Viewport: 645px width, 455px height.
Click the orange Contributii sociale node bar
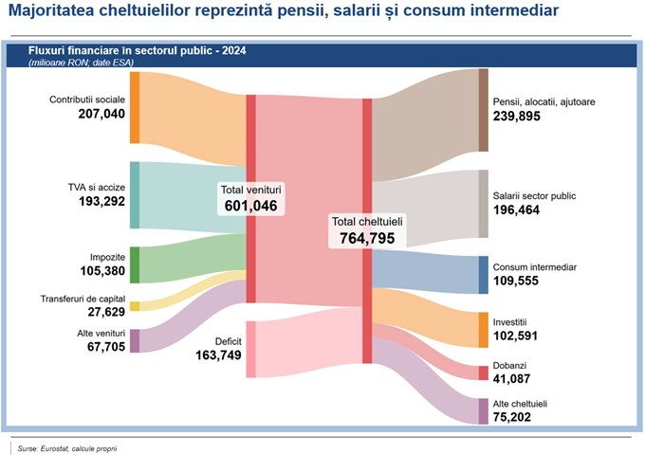(135, 106)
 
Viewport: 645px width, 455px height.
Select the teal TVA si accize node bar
(135, 194)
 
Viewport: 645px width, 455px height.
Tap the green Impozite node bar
(135, 264)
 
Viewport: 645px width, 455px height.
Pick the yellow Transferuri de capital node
(135, 306)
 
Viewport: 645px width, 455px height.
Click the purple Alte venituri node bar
(135, 340)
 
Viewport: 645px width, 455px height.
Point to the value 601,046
(251, 205)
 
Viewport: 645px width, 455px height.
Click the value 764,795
(367, 238)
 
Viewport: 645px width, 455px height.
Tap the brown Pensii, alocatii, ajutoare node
(484, 110)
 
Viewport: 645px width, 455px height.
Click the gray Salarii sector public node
(484, 204)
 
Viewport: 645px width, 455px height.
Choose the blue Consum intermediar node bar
(484, 275)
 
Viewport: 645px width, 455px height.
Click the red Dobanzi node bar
(484, 373)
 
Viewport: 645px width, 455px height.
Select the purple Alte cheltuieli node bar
(484, 410)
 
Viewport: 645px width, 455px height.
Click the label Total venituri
(251, 189)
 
